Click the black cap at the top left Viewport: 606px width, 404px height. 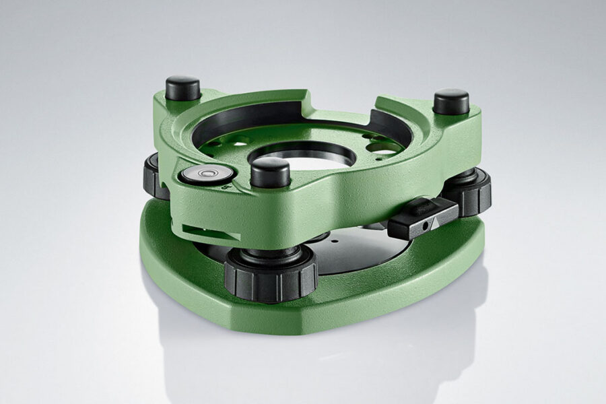click(182, 88)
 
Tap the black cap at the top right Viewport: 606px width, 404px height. click(450, 102)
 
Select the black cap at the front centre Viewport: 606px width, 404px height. click(270, 172)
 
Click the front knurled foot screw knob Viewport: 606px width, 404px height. click(271, 274)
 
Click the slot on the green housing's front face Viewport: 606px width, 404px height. click(211, 232)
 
